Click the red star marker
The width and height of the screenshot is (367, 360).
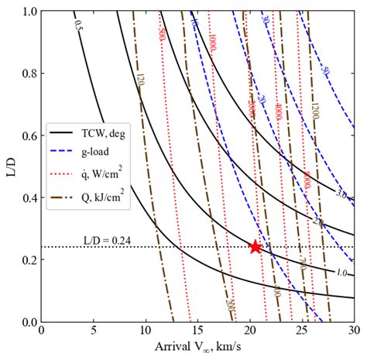pyautogui.click(x=255, y=247)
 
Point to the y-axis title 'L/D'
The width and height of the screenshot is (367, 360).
pyautogui.click(x=10, y=167)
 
